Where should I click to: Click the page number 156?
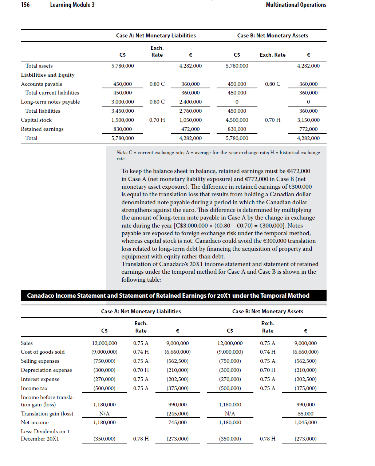coord(25,5)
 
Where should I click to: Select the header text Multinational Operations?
coord(296,5)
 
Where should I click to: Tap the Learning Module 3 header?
coord(72,5)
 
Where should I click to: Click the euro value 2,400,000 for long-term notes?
coord(190,102)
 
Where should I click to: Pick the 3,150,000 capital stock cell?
coord(308,120)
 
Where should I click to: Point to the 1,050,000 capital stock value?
coord(190,120)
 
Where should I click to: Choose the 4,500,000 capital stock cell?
coord(237,120)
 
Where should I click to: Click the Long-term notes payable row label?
coord(50,102)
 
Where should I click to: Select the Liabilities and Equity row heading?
coord(48,75)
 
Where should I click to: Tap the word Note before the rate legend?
coord(122,153)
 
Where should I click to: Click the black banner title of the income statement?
coord(168,296)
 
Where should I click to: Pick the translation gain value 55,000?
coord(305,414)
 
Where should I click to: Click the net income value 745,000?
coord(177,422)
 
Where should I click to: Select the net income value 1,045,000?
coord(305,422)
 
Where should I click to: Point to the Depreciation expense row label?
coord(46,370)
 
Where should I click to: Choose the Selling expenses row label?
coord(40,361)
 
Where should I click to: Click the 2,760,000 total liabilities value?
coord(190,111)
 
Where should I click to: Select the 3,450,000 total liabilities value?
coord(122,111)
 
